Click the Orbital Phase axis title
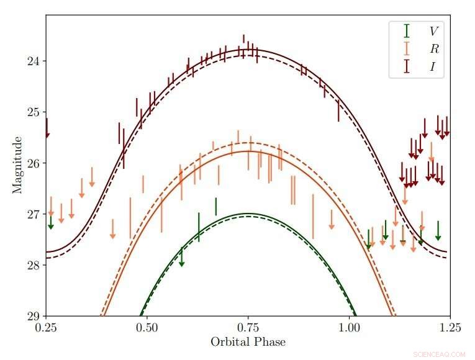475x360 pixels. click(248, 342)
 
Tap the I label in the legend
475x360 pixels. click(432, 67)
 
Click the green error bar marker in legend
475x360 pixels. click(407, 30)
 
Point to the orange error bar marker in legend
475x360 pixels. click(407, 48)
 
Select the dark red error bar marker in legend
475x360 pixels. click(407, 66)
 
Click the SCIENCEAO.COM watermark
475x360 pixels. click(442, 354)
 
